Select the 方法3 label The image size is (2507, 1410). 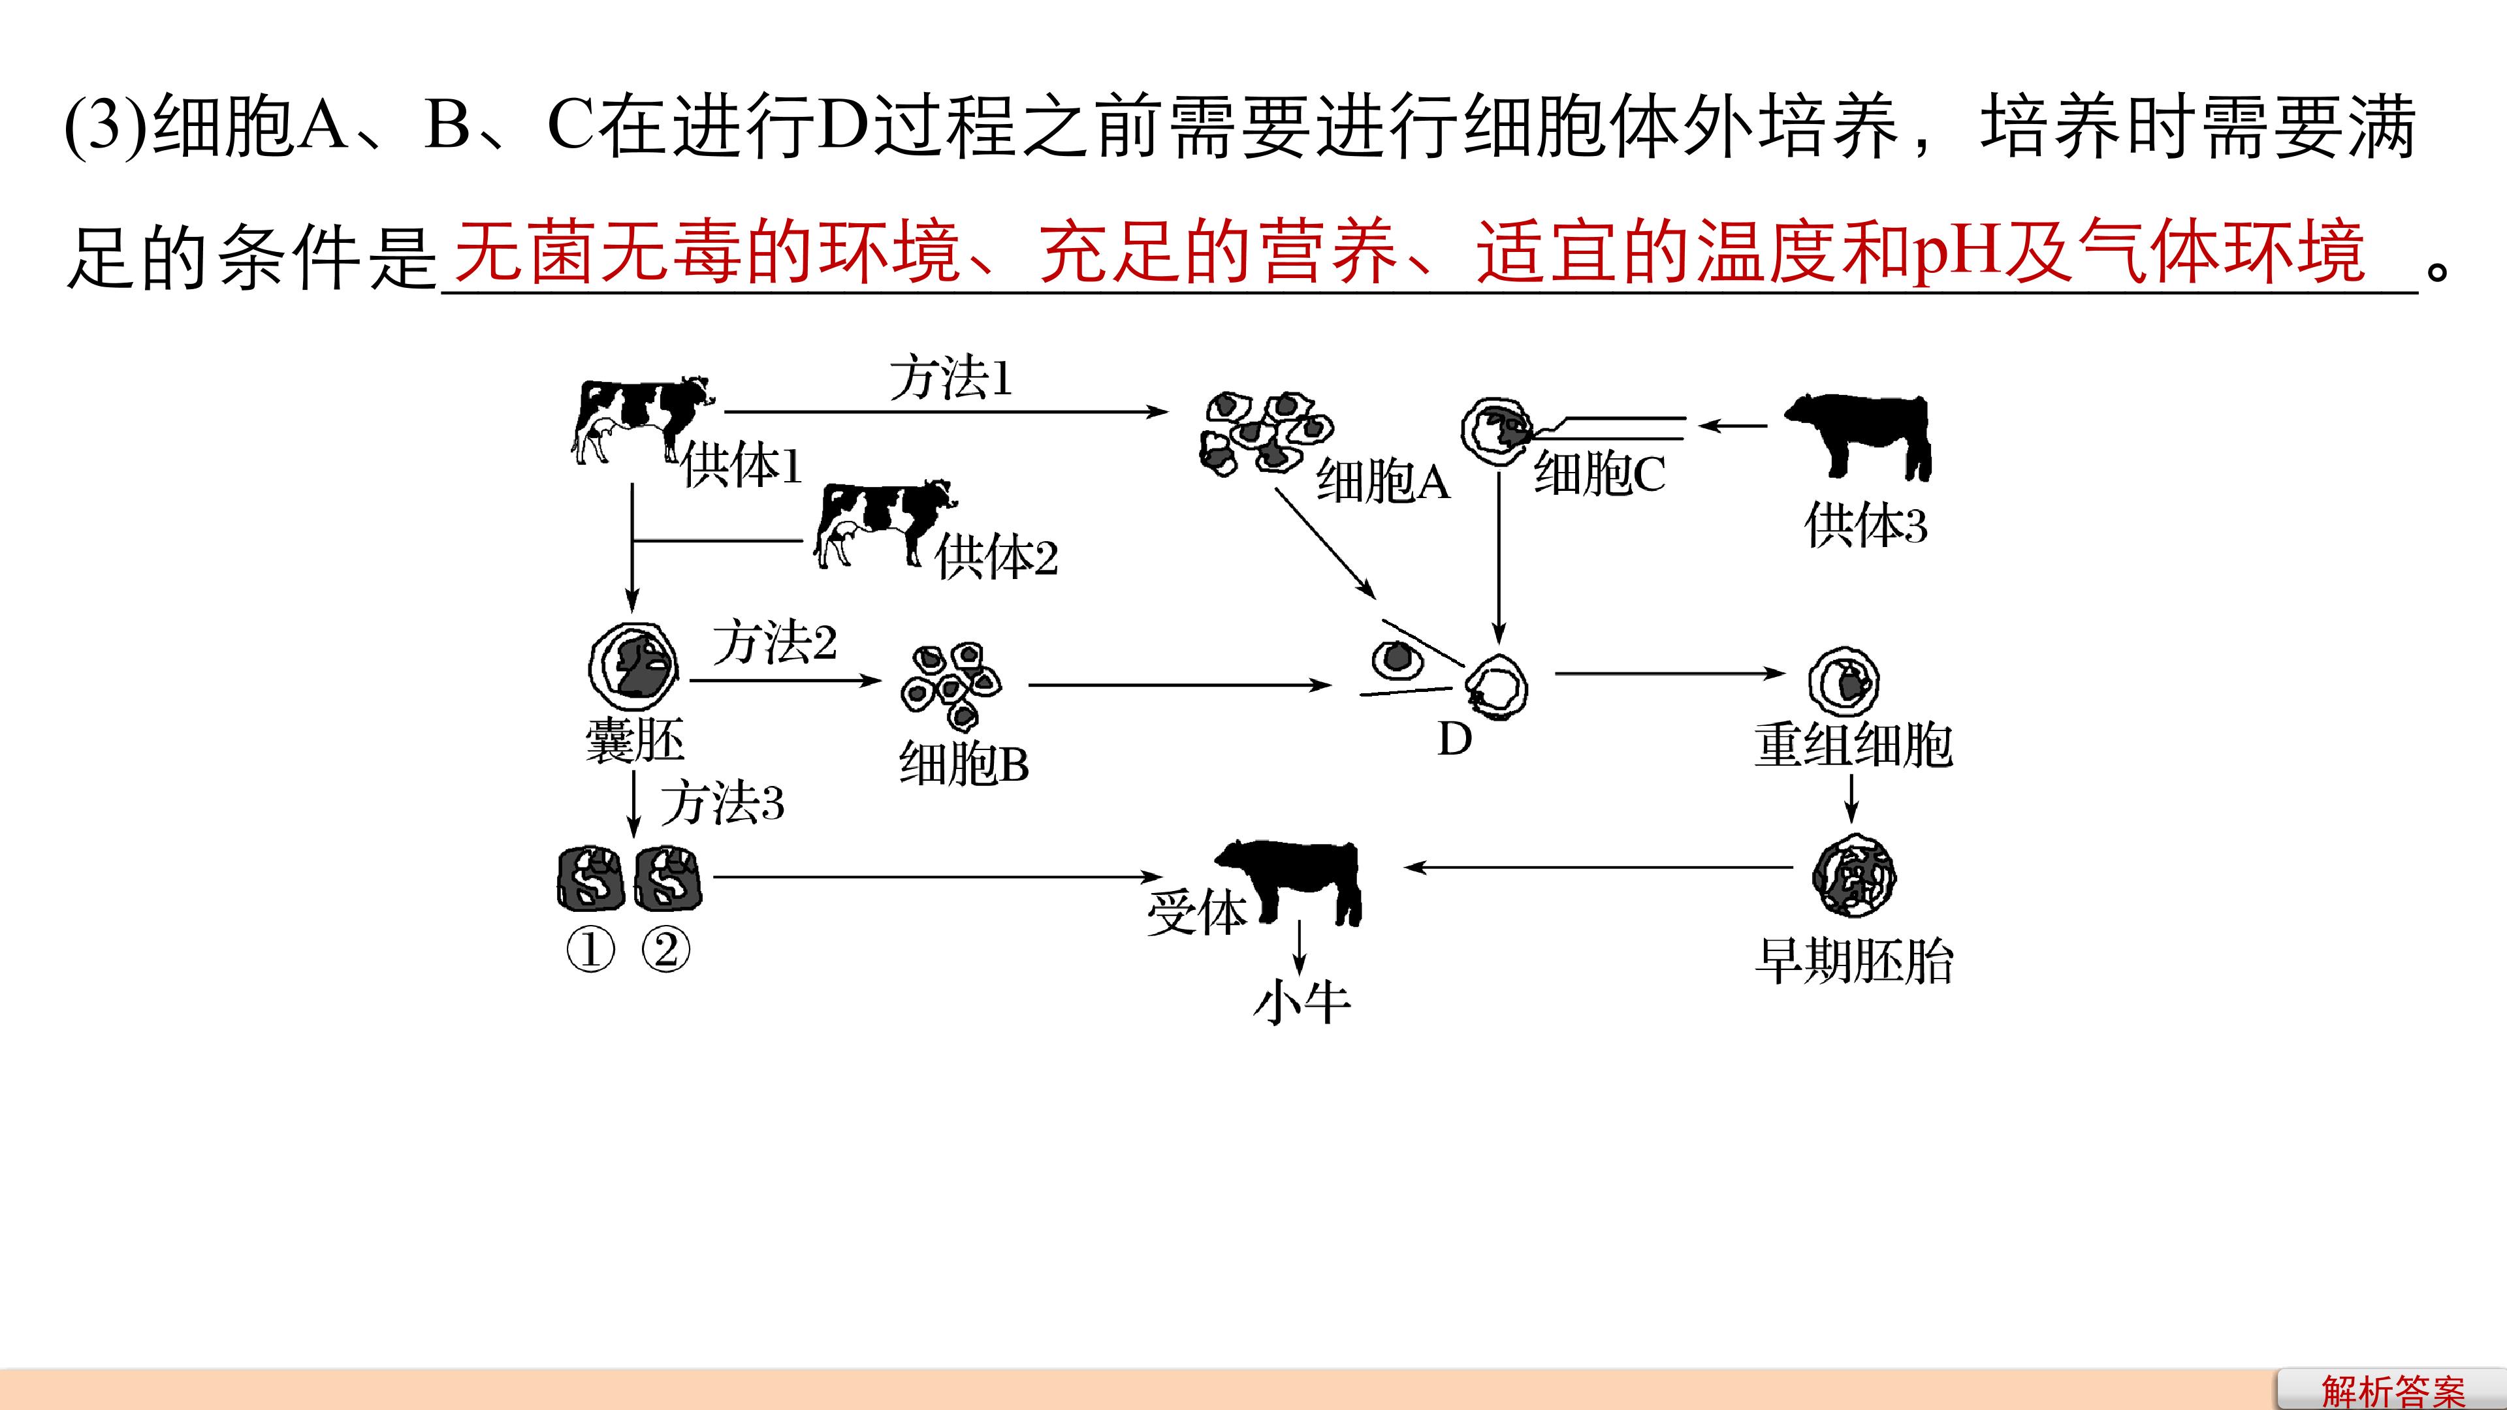723,804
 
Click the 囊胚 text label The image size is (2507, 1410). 635,742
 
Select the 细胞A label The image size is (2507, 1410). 1383,480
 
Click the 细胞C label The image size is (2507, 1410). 1600,475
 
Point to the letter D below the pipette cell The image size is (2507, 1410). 1455,740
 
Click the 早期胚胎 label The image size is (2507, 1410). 1854,962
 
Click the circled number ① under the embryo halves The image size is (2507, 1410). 591,950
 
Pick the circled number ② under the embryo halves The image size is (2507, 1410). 665,950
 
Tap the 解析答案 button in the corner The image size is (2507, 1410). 2392,1390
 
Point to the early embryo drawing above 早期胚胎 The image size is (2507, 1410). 1853,876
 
